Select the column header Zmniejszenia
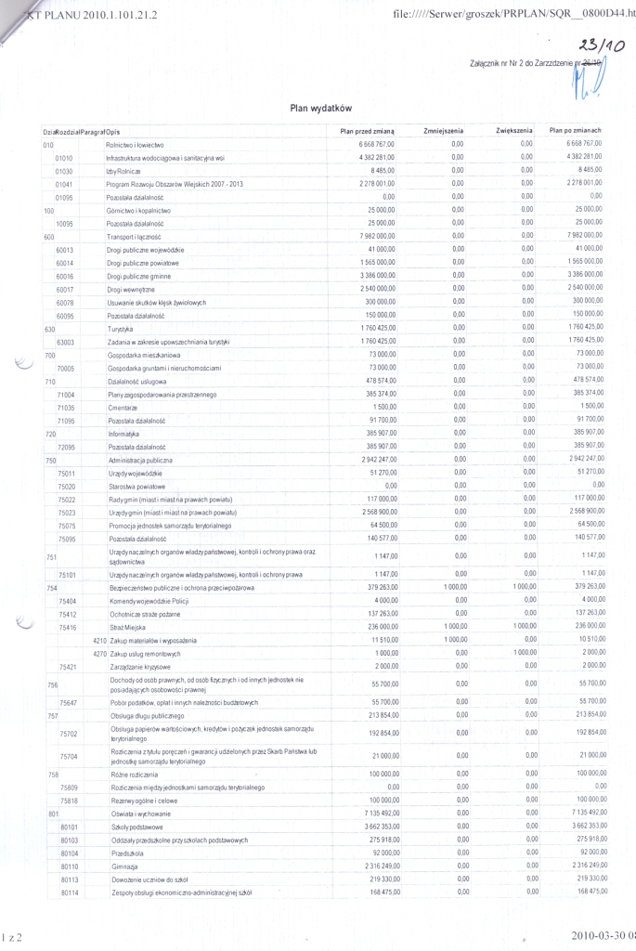pyautogui.click(x=443, y=132)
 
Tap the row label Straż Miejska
pyautogui.click(x=126, y=629)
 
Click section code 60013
pyautogui.click(x=65, y=251)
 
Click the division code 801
pyautogui.click(x=53, y=813)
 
